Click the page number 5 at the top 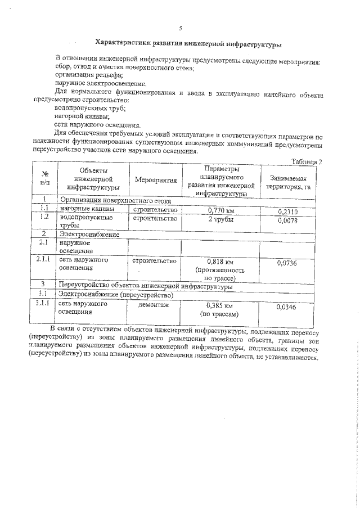pyautogui.click(x=180, y=28)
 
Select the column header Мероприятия pyautogui.click(x=156, y=180)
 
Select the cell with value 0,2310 pyautogui.click(x=290, y=211)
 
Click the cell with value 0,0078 pyautogui.click(x=290, y=220)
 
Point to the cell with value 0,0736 pyautogui.click(x=290, y=263)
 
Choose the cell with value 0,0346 pyautogui.click(x=290, y=307)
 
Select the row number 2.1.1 pyautogui.click(x=44, y=260)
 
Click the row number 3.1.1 pyautogui.click(x=44, y=304)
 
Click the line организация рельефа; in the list pyautogui.click(x=86, y=75)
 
